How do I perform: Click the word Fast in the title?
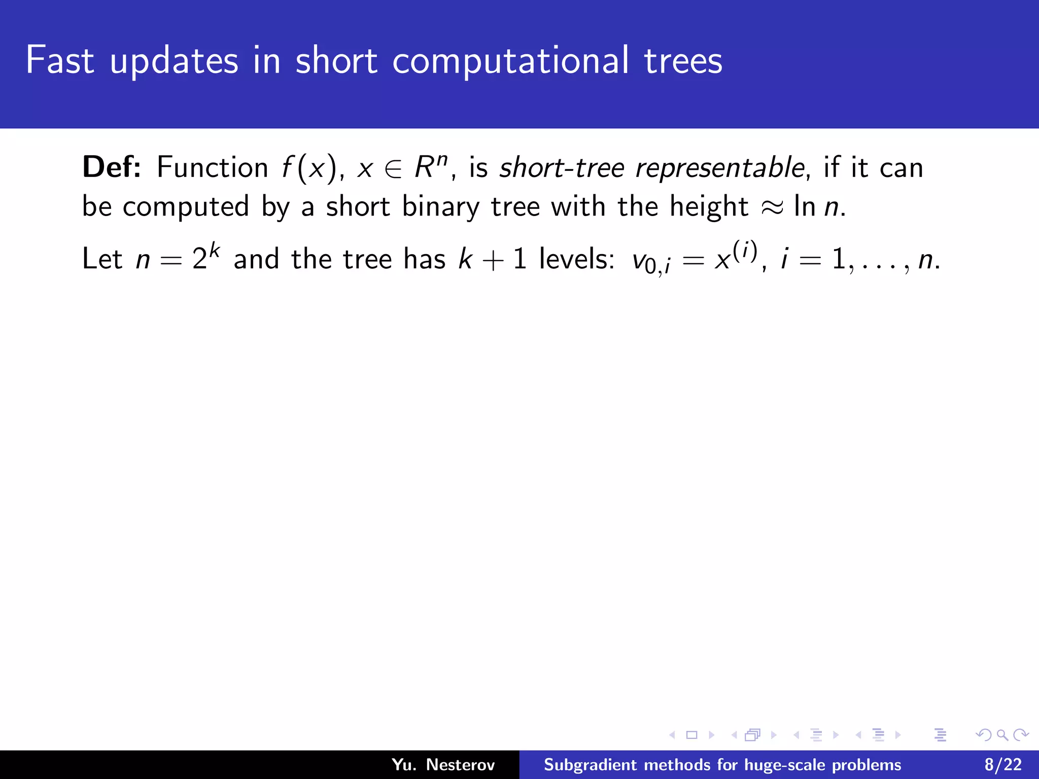[60, 60]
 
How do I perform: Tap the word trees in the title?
[683, 60]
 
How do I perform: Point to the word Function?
[212, 167]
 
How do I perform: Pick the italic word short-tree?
[561, 168]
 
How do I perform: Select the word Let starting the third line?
[102, 259]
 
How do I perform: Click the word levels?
[577, 259]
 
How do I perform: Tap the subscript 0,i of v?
[657, 266]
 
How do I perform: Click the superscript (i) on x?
[745, 251]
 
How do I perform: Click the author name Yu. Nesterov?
[443, 765]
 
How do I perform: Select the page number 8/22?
[1003, 765]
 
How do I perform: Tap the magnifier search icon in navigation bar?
[1002, 735]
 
